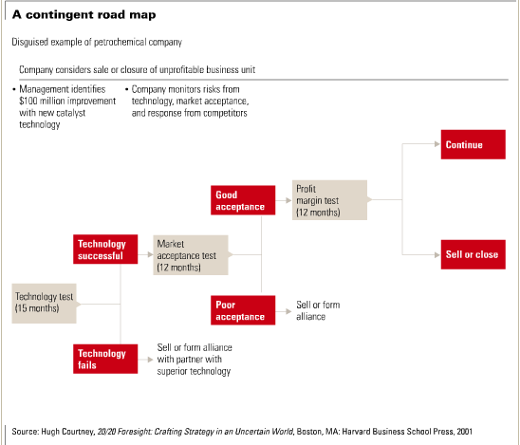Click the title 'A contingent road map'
point(84,15)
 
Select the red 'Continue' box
point(474,144)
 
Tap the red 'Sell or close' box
point(474,254)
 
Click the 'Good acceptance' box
point(243,200)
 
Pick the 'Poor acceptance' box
point(243,310)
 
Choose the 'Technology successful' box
point(105,250)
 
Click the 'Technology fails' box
point(105,359)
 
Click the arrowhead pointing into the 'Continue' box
point(437,144)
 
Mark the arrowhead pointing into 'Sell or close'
point(437,254)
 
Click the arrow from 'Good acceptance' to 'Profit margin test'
point(284,200)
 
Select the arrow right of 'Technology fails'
point(145,359)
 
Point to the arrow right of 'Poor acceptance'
point(284,311)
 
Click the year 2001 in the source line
point(464,432)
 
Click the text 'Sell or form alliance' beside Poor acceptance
point(318,310)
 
